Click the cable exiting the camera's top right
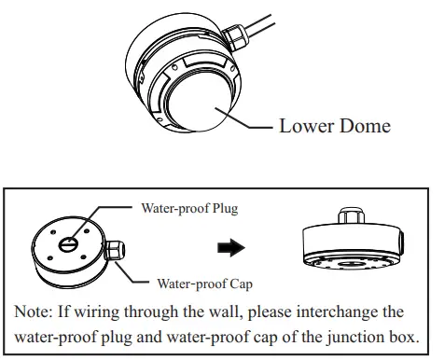pos(280,21)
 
